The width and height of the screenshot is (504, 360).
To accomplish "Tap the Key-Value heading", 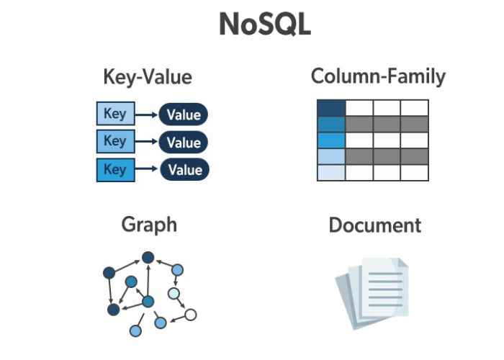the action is click(x=147, y=77).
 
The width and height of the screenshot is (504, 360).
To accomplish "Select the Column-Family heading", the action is click(x=378, y=76).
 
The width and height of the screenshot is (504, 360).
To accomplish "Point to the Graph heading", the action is click(x=149, y=225).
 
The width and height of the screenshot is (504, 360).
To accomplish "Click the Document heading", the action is click(x=374, y=225).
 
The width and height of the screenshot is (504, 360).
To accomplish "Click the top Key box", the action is click(x=114, y=114).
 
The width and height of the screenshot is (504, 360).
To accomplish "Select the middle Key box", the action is click(x=114, y=141).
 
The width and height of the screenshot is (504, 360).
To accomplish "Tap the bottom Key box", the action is click(x=114, y=169).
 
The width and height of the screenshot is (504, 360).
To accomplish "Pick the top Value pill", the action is click(x=184, y=114).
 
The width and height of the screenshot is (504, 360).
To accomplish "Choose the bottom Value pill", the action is click(x=184, y=170).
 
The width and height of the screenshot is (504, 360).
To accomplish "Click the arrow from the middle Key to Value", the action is click(x=145, y=142).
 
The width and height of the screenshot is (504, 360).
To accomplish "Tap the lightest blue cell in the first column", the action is click(x=331, y=173).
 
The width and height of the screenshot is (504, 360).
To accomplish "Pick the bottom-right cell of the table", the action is click(x=415, y=173).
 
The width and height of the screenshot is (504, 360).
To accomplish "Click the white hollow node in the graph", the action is click(x=190, y=315).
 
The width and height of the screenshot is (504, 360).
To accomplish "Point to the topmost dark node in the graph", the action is click(x=148, y=257).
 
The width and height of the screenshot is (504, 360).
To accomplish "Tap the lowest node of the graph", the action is click(x=135, y=331).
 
